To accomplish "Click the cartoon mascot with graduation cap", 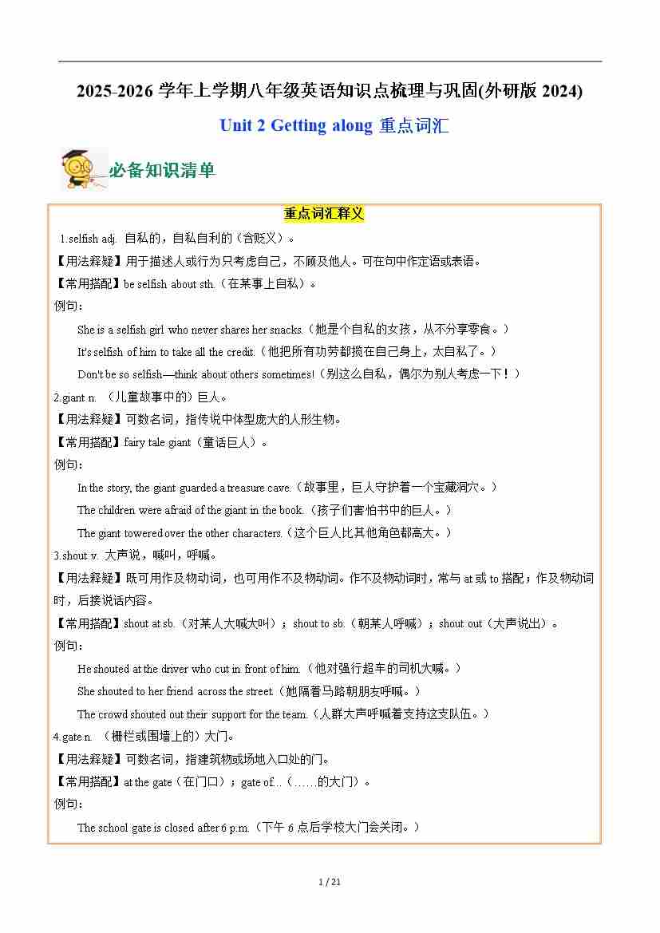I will [x=79, y=168].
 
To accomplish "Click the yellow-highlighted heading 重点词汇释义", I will [x=324, y=214].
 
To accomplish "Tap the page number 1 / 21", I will [x=330, y=881].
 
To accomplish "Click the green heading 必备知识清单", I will [x=162, y=170].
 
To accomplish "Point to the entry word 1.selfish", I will [x=79, y=238].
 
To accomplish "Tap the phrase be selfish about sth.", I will [x=169, y=283].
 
